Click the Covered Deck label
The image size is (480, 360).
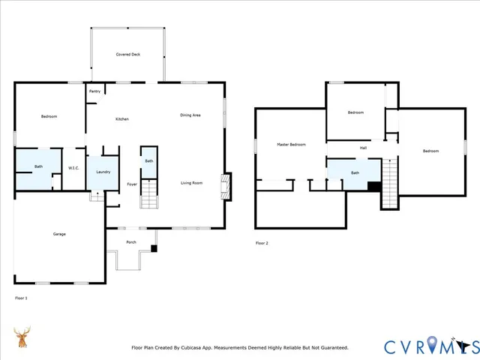pos(127,55)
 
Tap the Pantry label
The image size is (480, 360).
pos(94,91)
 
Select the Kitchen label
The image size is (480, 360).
pos(121,120)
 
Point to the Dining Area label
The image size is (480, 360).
pos(190,115)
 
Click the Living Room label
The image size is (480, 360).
pos(192,183)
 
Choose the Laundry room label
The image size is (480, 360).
pos(103,172)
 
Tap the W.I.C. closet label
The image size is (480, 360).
pos(73,168)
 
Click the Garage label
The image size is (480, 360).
pos(59,234)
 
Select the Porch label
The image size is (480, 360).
pos(130,242)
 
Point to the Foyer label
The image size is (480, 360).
pos(131,184)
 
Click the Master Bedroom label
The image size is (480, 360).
pos(291,144)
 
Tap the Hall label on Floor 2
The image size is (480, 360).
pos(363,148)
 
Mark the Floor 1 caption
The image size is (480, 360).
pos(21,298)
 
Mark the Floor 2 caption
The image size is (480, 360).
pos(262,243)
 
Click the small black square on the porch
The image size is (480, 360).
pos(154,248)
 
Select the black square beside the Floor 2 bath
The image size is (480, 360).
pos(373,187)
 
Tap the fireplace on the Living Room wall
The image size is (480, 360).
pos(223,185)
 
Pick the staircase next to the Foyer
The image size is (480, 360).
pos(149,198)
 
